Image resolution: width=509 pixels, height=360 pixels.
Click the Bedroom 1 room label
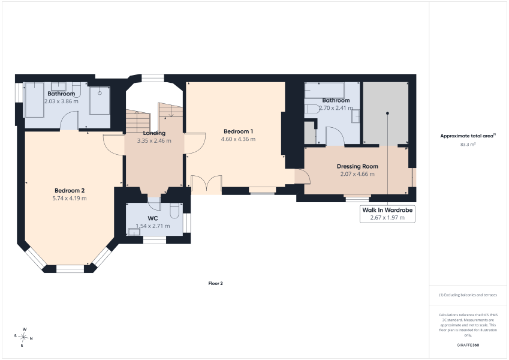coord(238,131)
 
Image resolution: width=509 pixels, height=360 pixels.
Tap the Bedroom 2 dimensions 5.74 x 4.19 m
coord(70,198)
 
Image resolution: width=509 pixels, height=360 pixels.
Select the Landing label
coord(154,133)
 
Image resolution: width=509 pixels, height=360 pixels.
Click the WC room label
coord(152,218)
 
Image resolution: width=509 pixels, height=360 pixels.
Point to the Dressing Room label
coord(357,166)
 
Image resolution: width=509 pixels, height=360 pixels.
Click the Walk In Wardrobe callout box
coord(387,214)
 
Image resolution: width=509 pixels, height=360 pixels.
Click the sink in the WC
coord(134,232)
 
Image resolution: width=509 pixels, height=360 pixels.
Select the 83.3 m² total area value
coord(468,144)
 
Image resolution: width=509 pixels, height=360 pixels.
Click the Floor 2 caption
coord(216,283)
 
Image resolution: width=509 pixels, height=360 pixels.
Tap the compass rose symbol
coord(24,338)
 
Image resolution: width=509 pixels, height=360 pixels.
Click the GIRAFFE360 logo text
coord(468,345)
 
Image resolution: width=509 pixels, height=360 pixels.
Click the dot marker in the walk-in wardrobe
coord(387,113)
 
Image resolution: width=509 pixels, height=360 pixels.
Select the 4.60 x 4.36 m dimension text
coord(238,139)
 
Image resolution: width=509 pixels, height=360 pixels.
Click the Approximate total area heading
coord(468,136)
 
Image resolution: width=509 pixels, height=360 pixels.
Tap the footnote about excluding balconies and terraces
coord(468,295)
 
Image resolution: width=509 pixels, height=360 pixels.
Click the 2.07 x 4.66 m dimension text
coord(357,174)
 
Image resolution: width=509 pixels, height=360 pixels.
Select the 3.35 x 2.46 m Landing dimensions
coord(154,140)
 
